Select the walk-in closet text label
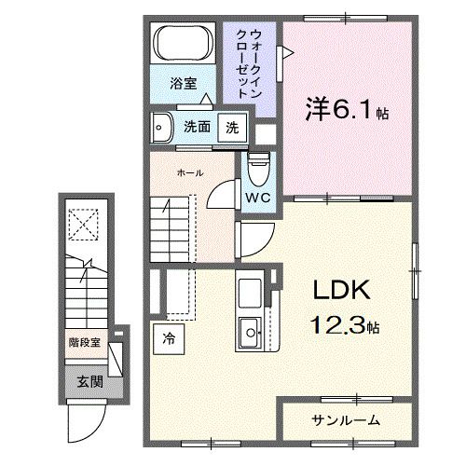pos(250,66)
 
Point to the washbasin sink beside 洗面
pos(163,127)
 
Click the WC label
pos(259,197)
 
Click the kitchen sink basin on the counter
pos(252,331)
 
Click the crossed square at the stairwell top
pos(84,223)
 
